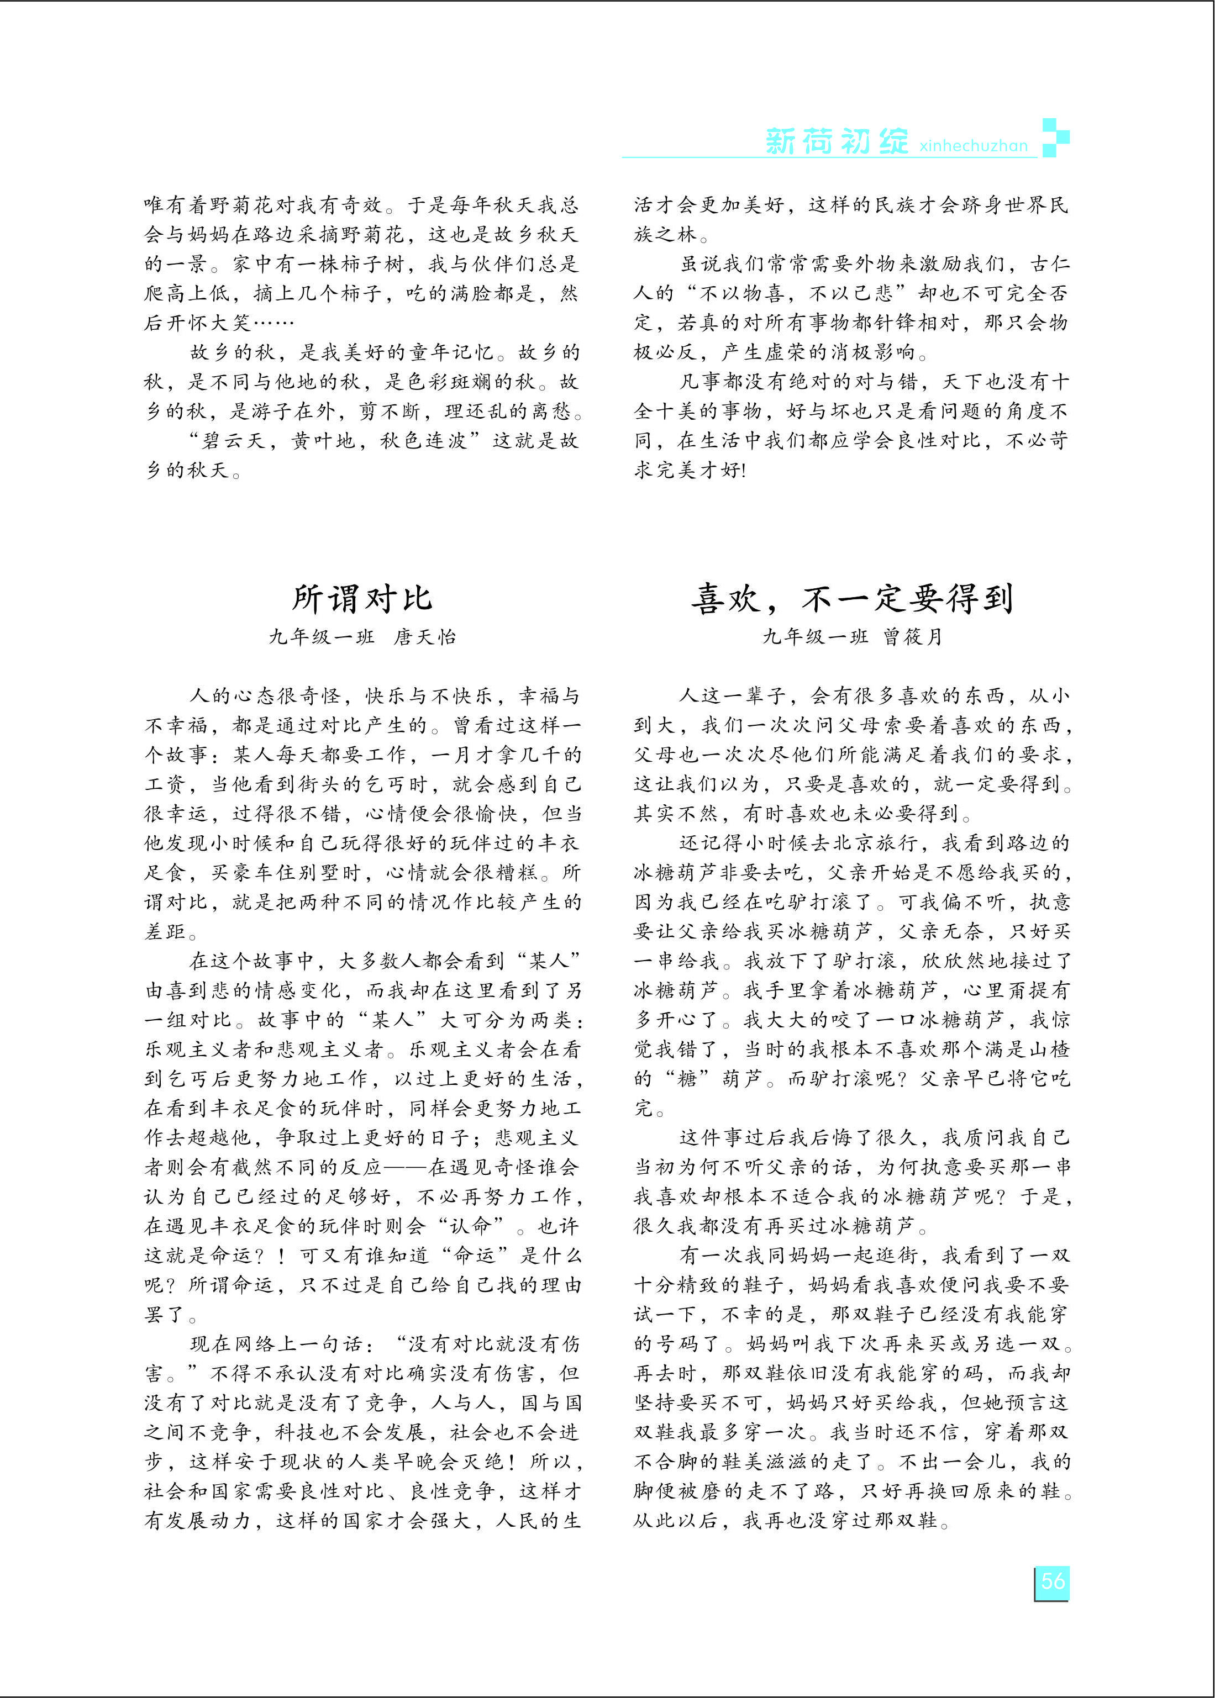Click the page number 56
click(1052, 1580)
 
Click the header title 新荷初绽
click(837, 141)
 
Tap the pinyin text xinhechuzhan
click(974, 145)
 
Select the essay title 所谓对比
click(362, 598)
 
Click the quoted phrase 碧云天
click(233, 441)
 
